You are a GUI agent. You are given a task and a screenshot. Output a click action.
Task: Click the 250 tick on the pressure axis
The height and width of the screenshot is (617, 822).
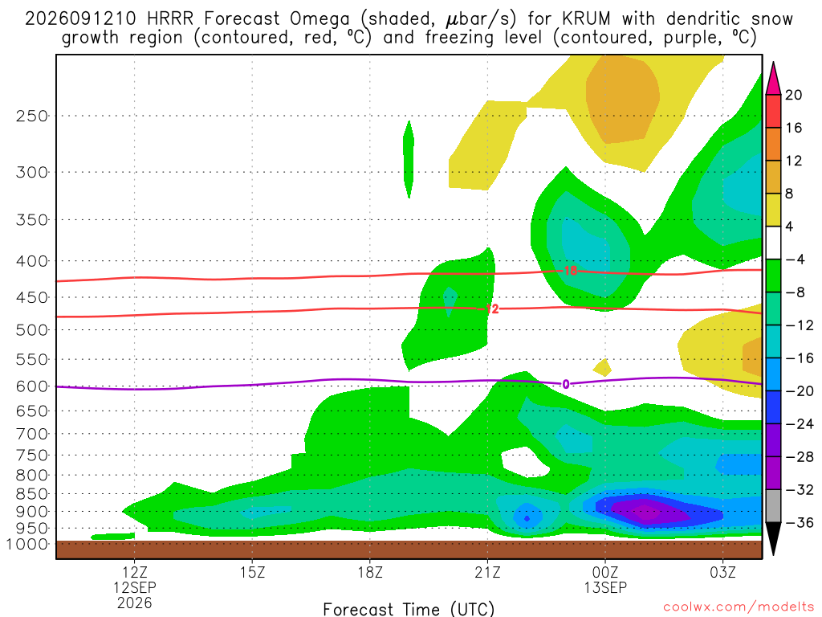(x=32, y=116)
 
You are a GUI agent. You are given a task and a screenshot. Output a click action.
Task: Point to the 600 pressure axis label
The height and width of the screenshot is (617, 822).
(x=32, y=386)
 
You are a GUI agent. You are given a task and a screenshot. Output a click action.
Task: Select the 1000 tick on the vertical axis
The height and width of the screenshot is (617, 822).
(x=28, y=544)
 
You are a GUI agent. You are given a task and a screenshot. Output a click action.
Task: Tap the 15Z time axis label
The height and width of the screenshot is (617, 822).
(x=252, y=572)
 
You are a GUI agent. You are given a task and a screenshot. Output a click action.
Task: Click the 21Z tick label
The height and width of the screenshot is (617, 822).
(x=487, y=572)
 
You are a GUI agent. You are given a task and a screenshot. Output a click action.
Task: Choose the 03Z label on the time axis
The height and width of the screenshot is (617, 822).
(x=723, y=572)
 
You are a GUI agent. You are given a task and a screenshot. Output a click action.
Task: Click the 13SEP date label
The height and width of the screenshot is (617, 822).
(x=605, y=587)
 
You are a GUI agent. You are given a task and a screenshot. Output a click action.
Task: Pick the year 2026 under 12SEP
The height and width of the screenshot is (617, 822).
(x=135, y=603)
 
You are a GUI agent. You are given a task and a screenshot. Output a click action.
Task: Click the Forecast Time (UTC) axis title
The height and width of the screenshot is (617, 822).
(x=409, y=609)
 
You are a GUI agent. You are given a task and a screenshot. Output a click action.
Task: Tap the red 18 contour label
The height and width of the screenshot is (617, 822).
(x=571, y=271)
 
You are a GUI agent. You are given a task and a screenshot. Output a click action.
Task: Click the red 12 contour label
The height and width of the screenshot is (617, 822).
(x=492, y=309)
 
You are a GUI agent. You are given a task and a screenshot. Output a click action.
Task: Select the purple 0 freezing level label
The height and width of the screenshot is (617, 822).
(x=566, y=385)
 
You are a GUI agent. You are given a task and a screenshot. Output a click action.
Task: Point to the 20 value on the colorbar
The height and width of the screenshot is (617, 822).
(x=794, y=95)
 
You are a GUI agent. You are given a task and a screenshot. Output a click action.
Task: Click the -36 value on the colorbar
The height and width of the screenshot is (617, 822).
(x=800, y=522)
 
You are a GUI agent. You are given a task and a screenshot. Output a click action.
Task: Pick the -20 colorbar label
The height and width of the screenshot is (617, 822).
(x=800, y=391)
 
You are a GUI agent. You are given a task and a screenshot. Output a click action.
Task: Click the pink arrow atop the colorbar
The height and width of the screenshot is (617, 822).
(x=773, y=79)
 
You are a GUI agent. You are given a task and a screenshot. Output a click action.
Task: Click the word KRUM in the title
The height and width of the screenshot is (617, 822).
(x=587, y=19)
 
